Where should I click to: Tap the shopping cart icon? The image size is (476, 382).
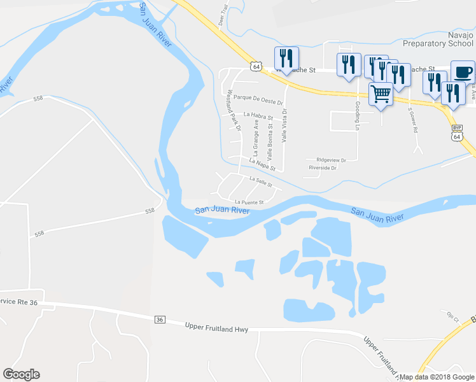[x=381, y=94]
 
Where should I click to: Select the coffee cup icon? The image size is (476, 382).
[x=463, y=71]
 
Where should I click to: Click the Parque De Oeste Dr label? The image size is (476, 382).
[x=257, y=97]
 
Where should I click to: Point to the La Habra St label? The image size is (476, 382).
[x=258, y=116]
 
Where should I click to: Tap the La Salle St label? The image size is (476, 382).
[x=260, y=182]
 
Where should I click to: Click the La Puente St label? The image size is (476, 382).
[x=249, y=202]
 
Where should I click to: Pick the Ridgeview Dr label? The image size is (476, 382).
[x=326, y=160]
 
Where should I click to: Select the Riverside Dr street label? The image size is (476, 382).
[x=322, y=168]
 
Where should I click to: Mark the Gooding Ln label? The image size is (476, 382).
[x=358, y=112]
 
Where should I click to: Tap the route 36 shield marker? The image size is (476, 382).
[x=160, y=320]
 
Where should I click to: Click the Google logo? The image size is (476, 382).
[x=21, y=374]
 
